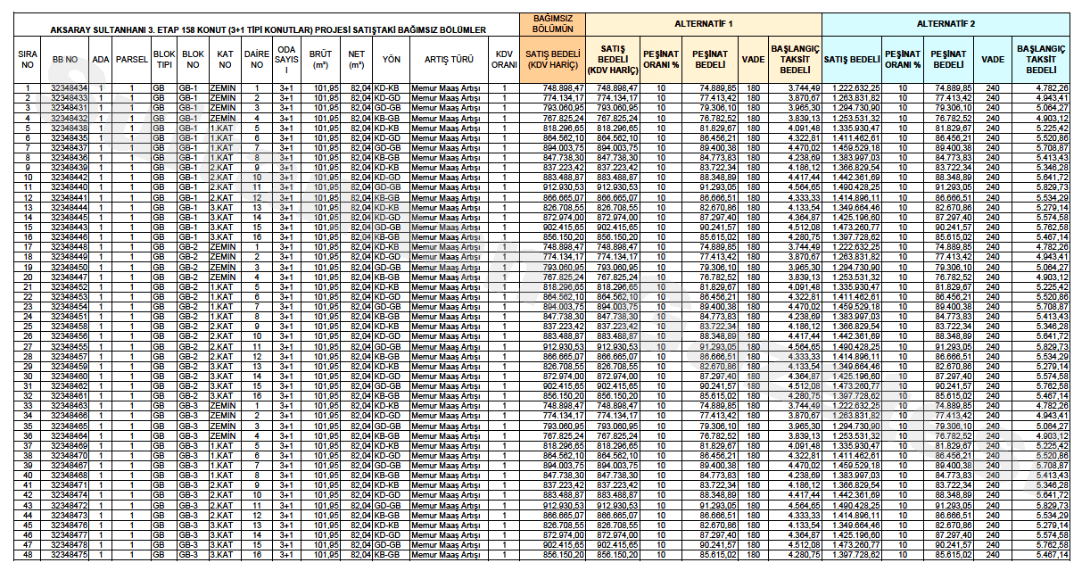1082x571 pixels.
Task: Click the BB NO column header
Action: (65, 59)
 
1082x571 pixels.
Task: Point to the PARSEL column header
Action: (131, 59)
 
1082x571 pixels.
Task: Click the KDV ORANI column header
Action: (505, 59)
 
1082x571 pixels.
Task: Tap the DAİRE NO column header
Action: (257, 59)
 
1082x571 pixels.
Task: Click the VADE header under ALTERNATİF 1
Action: (754, 59)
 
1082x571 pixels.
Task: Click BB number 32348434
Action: (70, 87)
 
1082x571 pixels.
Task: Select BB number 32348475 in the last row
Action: (70, 555)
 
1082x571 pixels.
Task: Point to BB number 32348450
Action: (70, 267)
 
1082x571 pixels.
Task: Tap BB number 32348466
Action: (70, 416)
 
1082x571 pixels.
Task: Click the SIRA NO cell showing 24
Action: (28, 317)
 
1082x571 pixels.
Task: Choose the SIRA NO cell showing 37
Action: (28, 445)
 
